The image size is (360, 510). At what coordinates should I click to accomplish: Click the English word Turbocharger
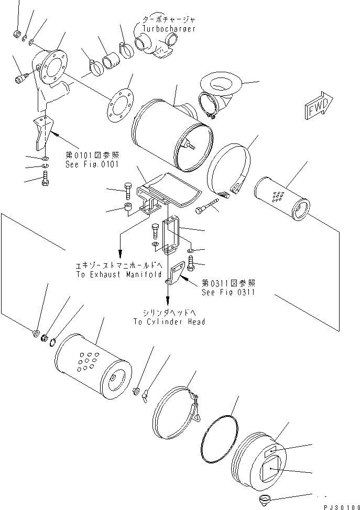click(x=169, y=29)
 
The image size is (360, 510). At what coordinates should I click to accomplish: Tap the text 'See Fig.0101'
click(x=93, y=164)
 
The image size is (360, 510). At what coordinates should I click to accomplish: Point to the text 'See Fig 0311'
click(x=228, y=292)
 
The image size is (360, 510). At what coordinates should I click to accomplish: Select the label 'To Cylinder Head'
click(x=168, y=321)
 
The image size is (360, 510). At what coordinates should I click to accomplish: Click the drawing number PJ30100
click(x=339, y=505)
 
